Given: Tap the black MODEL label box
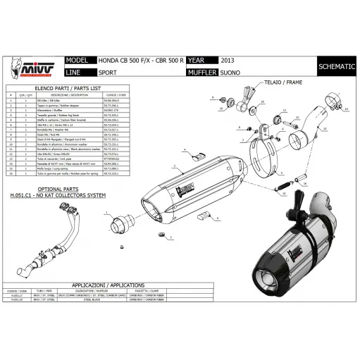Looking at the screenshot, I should point(78,61).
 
